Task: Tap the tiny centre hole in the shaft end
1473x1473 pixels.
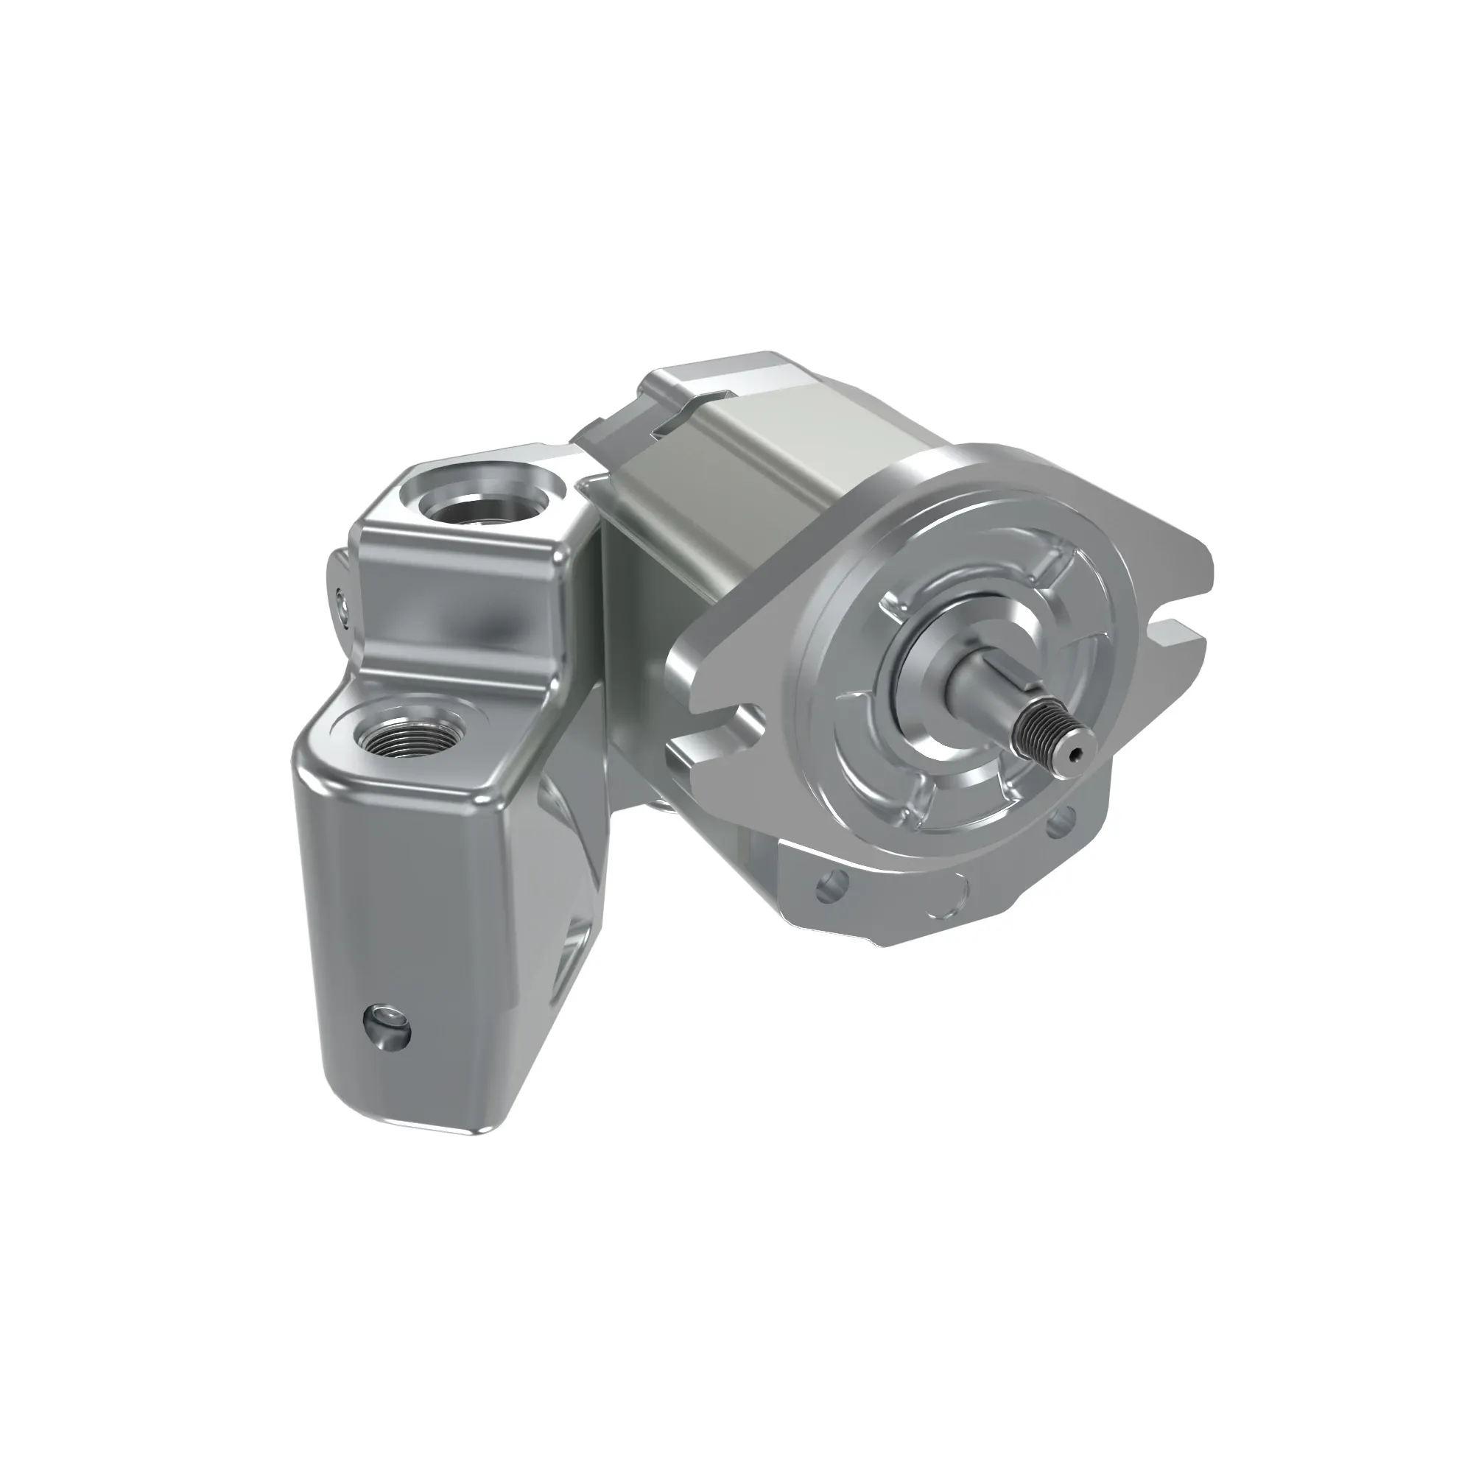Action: (x=1075, y=754)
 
